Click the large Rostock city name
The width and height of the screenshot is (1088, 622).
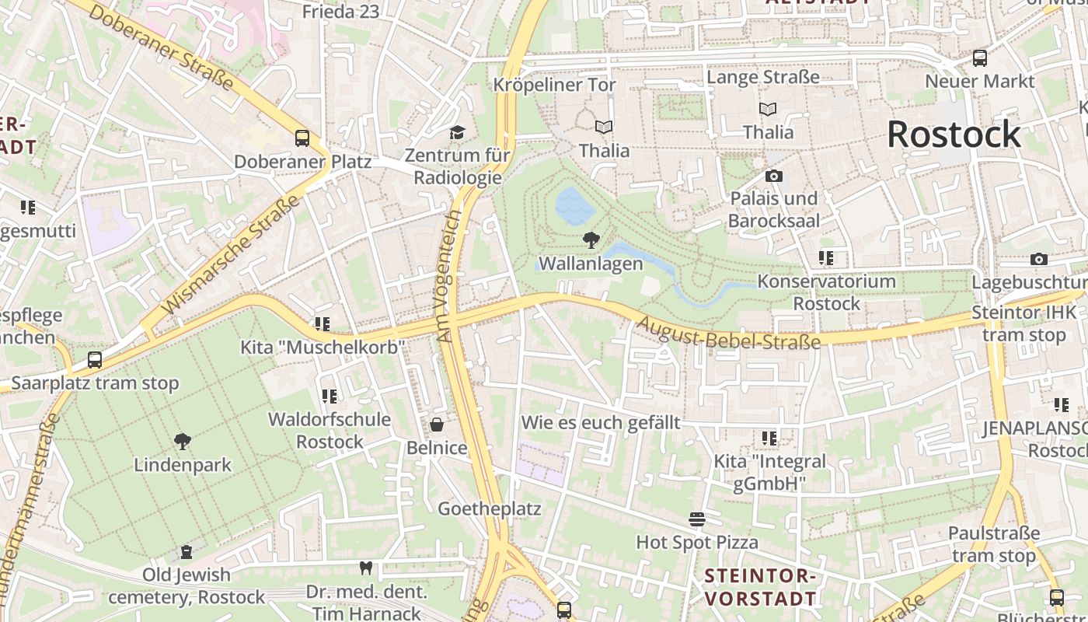click(x=954, y=135)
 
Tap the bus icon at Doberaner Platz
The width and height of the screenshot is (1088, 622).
click(x=302, y=138)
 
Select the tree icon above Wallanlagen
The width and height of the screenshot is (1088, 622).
click(x=591, y=240)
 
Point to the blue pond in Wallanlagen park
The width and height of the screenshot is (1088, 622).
click(x=575, y=206)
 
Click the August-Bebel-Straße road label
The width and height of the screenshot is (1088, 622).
click(x=728, y=330)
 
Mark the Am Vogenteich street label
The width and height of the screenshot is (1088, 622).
click(x=449, y=276)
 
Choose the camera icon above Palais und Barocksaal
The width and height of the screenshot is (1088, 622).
click(x=773, y=176)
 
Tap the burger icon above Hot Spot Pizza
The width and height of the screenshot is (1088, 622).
click(x=697, y=519)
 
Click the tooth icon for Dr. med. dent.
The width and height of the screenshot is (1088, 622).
click(x=366, y=568)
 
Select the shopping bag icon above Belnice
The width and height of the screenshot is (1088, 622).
click(x=437, y=425)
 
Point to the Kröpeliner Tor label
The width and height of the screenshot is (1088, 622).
click(x=555, y=85)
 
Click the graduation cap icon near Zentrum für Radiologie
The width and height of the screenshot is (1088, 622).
click(x=457, y=132)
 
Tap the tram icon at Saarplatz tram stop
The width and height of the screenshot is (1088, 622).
click(x=95, y=360)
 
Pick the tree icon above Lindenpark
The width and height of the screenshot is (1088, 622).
click(x=183, y=442)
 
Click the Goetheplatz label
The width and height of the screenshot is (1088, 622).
click(x=490, y=508)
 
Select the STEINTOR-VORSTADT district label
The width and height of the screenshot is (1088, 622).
click(x=761, y=587)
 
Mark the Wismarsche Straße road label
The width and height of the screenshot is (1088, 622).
click(x=232, y=255)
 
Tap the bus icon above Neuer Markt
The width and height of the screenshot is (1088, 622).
click(x=980, y=58)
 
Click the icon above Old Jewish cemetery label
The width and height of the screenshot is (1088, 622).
click(x=187, y=552)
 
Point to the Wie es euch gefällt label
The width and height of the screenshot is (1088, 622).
click(x=601, y=423)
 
